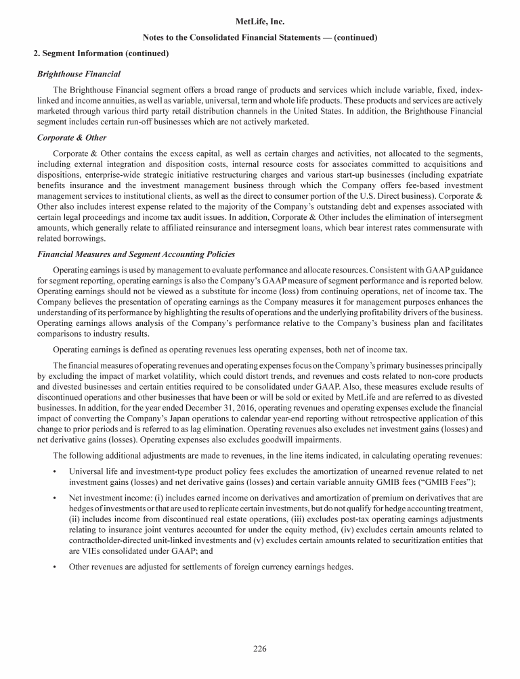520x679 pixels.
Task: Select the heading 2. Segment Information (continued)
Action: (101, 53)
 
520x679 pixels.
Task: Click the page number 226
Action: (260, 649)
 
